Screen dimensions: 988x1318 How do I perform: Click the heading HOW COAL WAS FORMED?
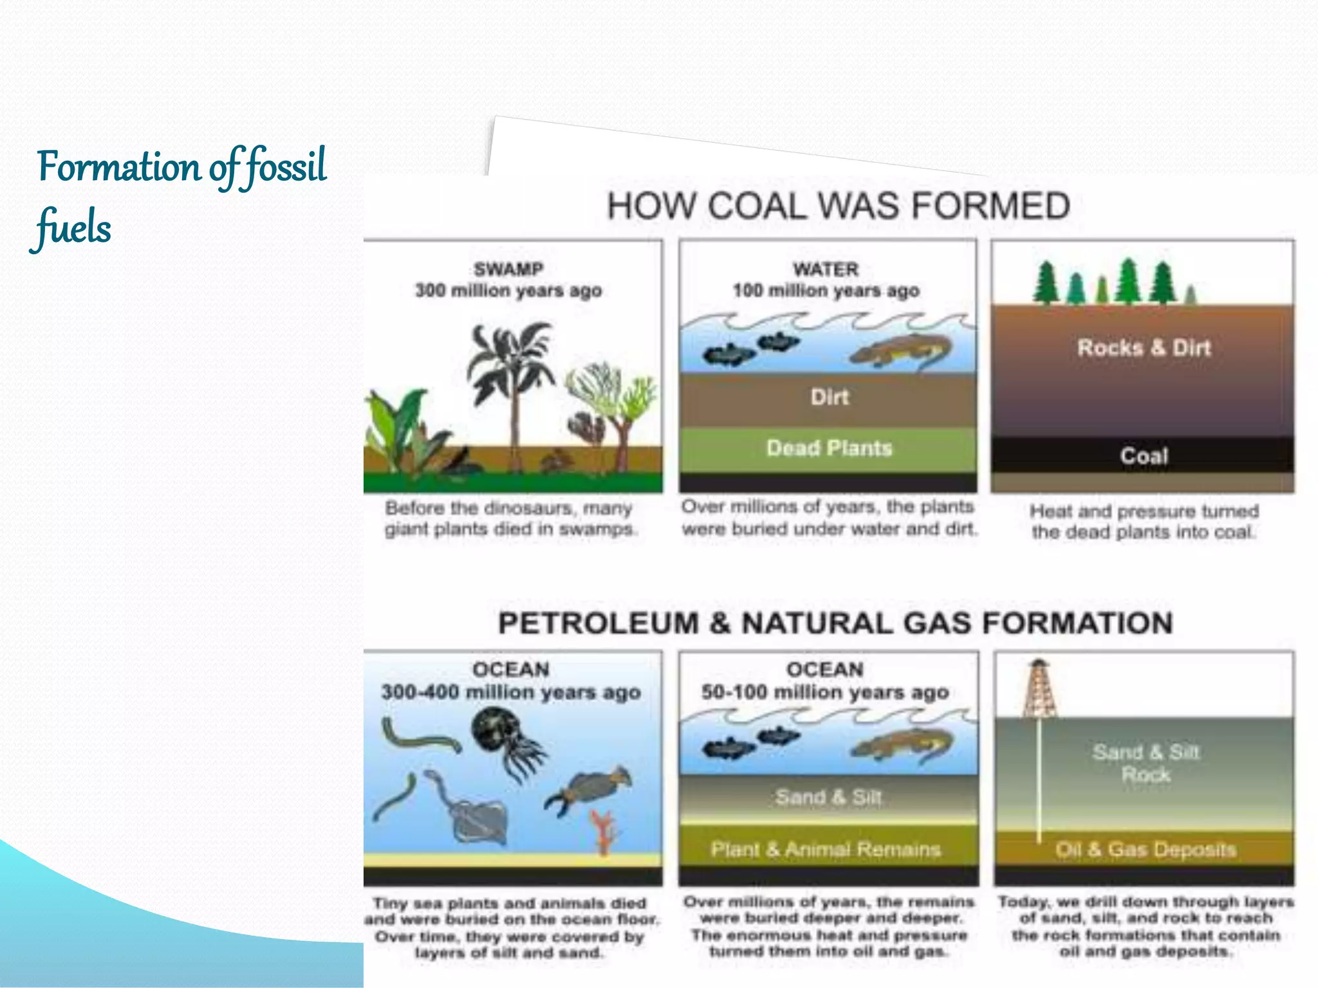838,206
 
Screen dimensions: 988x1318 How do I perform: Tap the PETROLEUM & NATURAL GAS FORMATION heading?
835,623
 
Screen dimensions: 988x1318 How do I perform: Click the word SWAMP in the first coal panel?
508,269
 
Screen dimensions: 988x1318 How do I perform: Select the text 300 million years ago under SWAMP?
508,291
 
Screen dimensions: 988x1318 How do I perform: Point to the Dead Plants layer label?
829,448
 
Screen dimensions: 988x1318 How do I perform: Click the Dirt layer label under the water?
830,397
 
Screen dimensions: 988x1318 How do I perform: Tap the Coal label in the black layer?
1144,456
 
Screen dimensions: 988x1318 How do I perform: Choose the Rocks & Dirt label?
1144,348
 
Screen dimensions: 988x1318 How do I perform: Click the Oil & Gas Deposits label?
1146,850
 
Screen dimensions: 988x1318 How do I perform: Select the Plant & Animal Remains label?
826,850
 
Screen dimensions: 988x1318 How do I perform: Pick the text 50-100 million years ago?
825,693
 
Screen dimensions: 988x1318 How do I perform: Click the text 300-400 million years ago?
511,693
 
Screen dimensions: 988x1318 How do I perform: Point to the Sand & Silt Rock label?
1146,763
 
